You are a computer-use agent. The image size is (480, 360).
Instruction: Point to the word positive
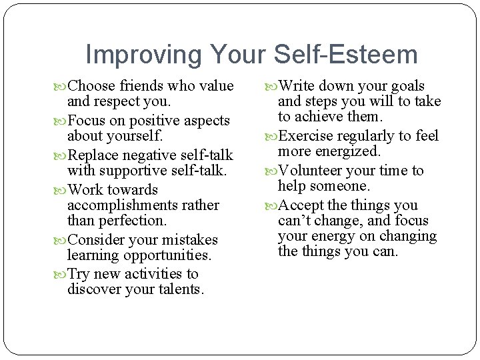(x=147, y=121)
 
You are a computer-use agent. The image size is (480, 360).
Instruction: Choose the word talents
(x=181, y=290)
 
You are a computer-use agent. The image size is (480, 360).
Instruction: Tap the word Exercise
(x=307, y=136)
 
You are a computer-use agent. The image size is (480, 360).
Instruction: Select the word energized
(x=347, y=151)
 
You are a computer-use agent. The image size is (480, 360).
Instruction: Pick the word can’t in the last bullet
(x=295, y=221)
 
